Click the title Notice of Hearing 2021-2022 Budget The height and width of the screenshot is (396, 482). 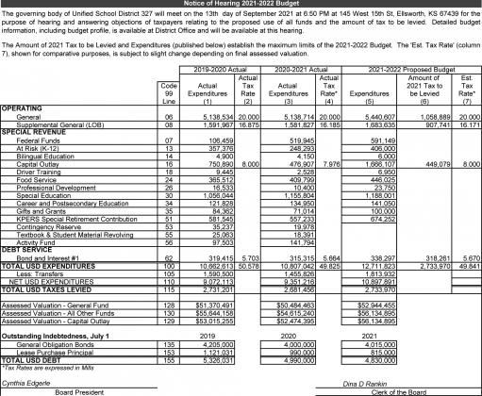tap(241, 5)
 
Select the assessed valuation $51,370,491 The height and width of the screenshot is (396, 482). tap(211, 306)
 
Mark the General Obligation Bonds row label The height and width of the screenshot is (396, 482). tap(46, 345)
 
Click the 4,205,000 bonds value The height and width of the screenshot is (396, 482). tap(214, 345)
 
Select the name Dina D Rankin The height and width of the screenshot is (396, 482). tap(368, 383)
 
